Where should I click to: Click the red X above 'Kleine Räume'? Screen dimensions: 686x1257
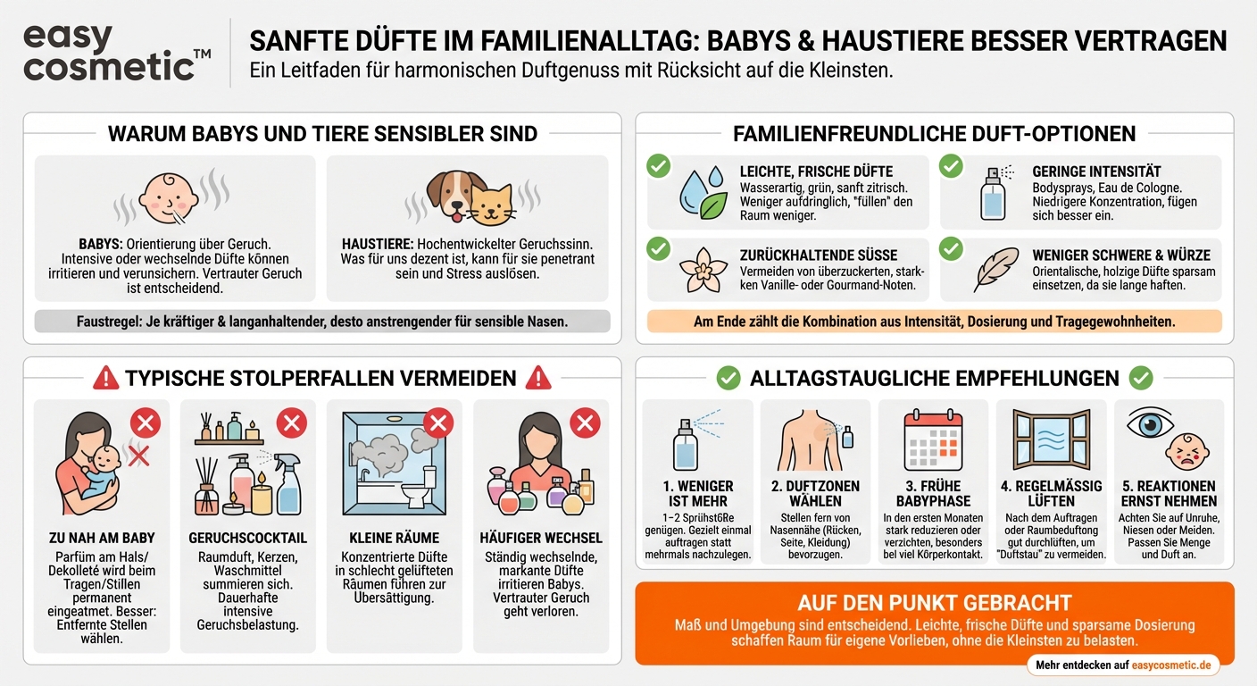[437, 422]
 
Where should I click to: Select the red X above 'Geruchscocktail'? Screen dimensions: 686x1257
[291, 422]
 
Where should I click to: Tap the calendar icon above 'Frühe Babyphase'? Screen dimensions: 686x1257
[933, 441]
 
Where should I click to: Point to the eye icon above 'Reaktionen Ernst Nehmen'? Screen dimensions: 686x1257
[1149, 423]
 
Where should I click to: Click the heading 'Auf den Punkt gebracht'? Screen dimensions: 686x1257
[934, 603]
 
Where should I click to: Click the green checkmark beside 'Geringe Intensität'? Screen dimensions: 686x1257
[951, 166]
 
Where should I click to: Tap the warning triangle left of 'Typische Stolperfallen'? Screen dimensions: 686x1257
[106, 378]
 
